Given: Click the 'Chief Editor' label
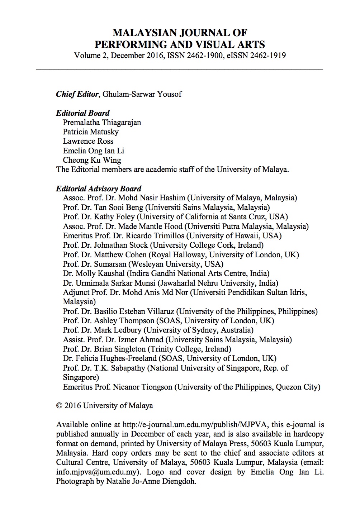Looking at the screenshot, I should click(x=77, y=94).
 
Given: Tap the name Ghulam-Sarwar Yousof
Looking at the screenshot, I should click(x=142, y=94).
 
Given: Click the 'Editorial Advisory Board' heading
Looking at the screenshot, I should click(x=99, y=189).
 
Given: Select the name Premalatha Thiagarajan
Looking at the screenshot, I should click(x=102, y=123).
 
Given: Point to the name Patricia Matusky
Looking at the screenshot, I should click(x=91, y=132).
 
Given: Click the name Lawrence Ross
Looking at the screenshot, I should click(x=88, y=141).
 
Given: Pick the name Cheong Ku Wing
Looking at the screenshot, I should click(x=92, y=160).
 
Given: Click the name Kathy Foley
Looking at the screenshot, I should click(x=114, y=217).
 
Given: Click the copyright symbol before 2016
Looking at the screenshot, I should click(x=60, y=406).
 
